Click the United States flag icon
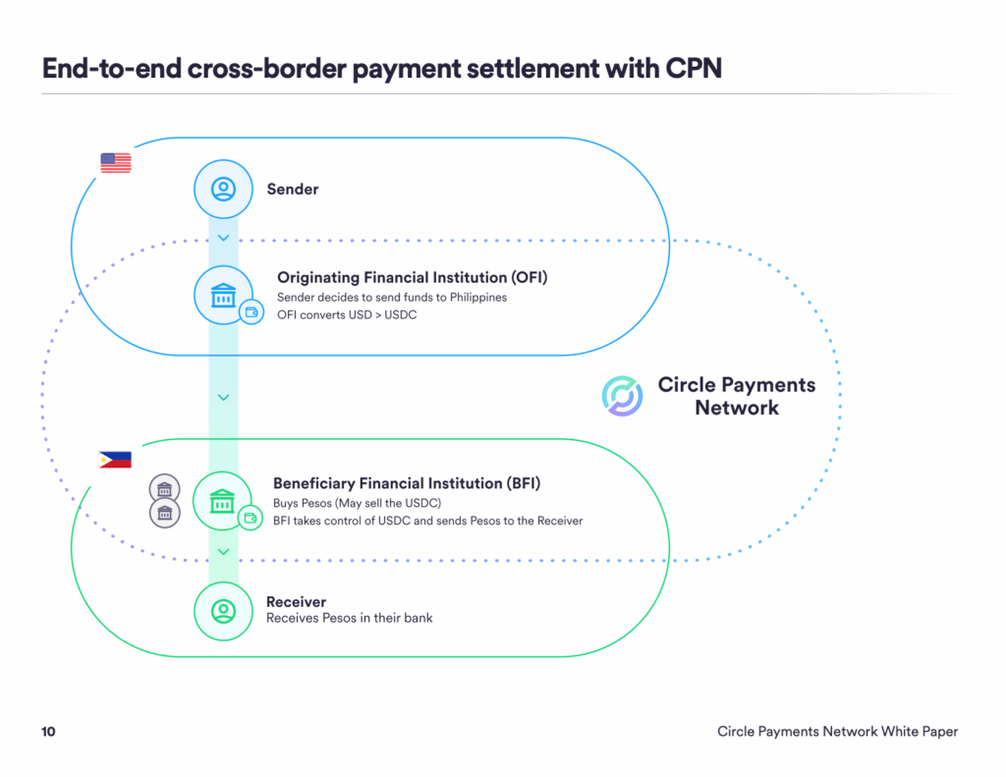point(115,163)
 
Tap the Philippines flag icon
point(115,459)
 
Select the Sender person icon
point(223,188)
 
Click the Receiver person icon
point(223,610)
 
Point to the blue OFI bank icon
point(223,294)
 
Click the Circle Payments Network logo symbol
point(622,396)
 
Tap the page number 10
point(48,732)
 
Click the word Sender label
point(293,189)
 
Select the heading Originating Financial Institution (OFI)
point(412,278)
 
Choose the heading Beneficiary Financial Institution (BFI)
point(407,483)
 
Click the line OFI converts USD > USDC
point(347,314)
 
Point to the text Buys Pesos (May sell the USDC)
point(357,503)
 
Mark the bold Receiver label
point(296,601)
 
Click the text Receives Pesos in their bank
point(349,618)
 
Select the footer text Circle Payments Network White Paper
point(837,732)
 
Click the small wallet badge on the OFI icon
point(251,313)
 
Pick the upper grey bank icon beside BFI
point(164,488)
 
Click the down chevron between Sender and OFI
point(223,238)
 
